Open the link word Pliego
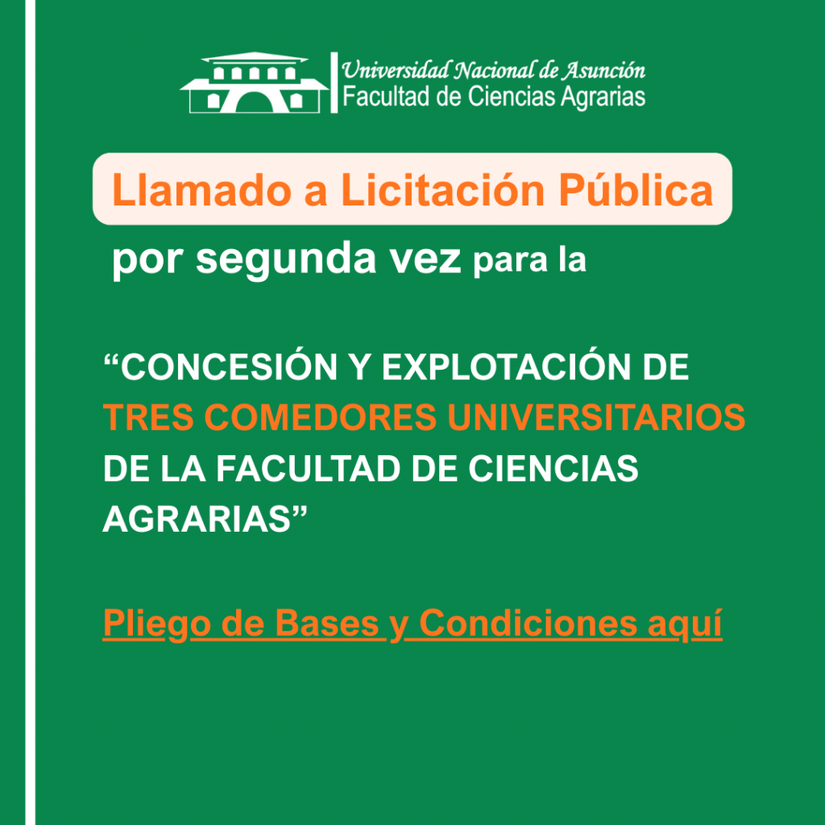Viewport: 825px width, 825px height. click(153, 624)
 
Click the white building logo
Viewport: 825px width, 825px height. click(254, 83)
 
